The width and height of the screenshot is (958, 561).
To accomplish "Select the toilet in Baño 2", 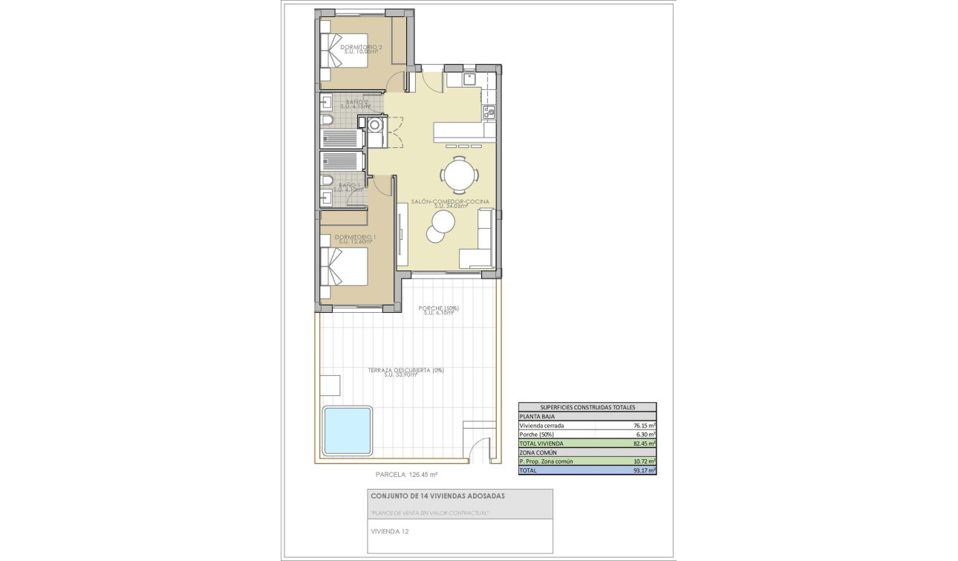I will click(x=328, y=120).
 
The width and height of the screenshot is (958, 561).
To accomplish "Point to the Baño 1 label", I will click(x=349, y=187).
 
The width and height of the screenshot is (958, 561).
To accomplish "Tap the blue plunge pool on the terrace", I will click(x=347, y=430).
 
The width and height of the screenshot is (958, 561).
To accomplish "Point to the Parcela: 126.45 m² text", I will click(x=407, y=474).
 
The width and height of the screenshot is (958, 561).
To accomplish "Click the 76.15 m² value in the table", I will click(x=643, y=426).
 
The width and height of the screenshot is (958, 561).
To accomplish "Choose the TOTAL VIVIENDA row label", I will click(x=542, y=444).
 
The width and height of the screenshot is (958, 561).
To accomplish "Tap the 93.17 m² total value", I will click(x=643, y=470).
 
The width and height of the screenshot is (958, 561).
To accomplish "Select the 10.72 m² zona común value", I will click(x=643, y=461).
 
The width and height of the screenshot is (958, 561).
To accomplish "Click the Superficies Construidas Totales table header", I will click(x=587, y=407).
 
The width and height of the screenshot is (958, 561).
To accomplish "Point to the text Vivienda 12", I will click(x=389, y=531).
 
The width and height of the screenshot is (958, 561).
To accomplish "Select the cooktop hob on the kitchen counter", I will click(x=489, y=112).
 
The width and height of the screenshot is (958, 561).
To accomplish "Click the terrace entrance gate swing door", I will click(x=481, y=449).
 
